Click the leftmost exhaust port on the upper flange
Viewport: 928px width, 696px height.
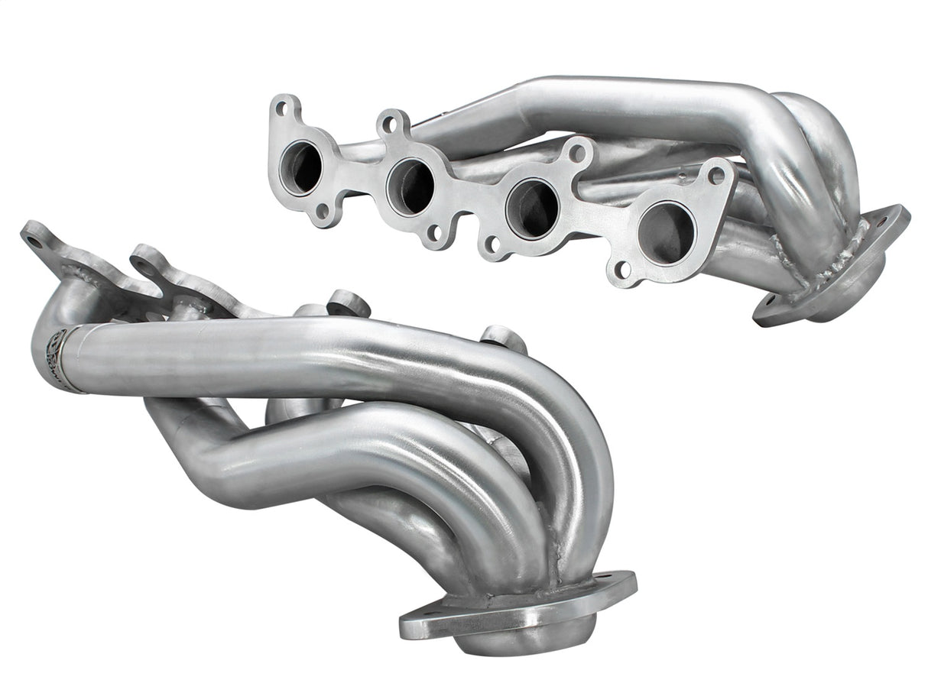pyautogui.click(x=301, y=168)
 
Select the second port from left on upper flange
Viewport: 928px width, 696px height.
pyautogui.click(x=410, y=186)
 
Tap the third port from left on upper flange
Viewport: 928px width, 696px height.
pyautogui.click(x=532, y=207)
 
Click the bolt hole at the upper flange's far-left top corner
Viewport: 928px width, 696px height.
pyautogui.click(x=281, y=108)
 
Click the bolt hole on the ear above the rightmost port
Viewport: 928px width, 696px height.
pyautogui.click(x=716, y=175)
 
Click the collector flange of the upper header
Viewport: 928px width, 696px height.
pyautogui.click(x=833, y=267)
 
